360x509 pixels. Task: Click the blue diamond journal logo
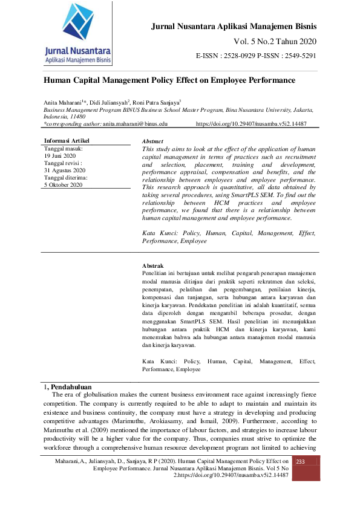tap(79, 24)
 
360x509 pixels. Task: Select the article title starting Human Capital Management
tap(169, 80)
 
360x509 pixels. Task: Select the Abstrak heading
tap(152, 265)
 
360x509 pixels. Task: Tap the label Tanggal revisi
tap(64, 163)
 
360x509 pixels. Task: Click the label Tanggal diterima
tap(66, 178)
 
